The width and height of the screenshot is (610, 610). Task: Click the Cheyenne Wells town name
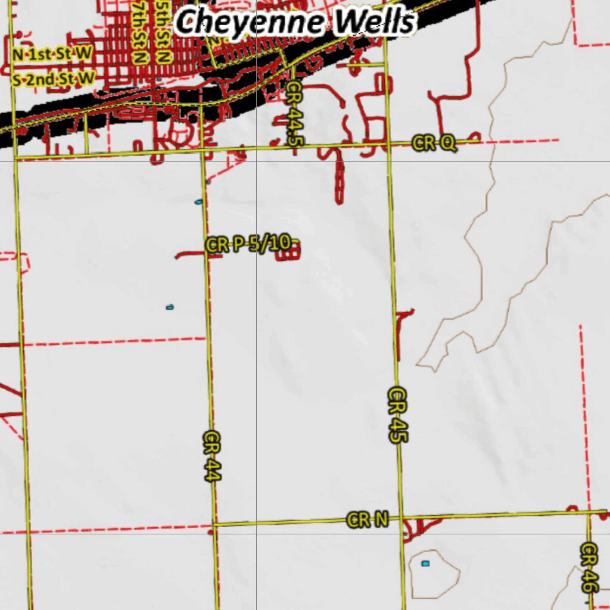tap(295, 23)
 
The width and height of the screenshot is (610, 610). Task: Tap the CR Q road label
tap(434, 142)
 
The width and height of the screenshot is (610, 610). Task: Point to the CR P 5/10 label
tap(248, 244)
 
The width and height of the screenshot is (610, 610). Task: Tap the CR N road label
tap(368, 520)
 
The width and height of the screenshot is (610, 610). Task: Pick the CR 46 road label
tap(589, 567)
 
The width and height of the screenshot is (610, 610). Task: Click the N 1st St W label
tap(52, 54)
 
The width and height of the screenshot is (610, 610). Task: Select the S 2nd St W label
tap(54, 78)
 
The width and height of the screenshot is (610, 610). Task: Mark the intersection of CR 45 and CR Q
tap(388, 144)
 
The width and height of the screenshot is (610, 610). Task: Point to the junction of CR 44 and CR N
tap(214, 525)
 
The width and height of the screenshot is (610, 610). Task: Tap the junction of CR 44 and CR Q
tap(203, 149)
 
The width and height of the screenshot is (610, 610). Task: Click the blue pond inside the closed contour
tap(425, 563)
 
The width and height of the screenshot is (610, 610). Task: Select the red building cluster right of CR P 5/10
tap(288, 252)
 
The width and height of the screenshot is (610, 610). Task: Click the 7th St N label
tap(141, 32)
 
